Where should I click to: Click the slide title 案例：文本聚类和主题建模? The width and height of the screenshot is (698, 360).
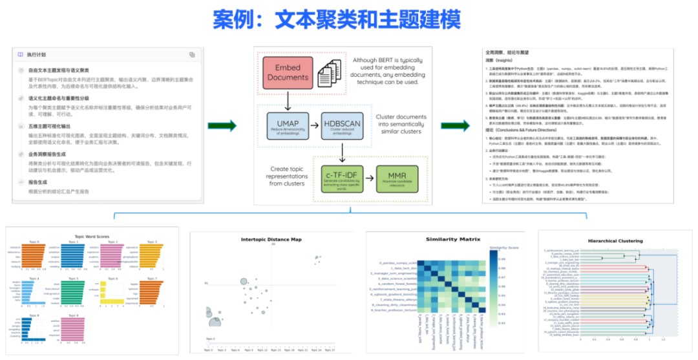(337, 20)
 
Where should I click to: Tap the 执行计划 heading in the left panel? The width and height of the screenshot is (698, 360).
(36, 55)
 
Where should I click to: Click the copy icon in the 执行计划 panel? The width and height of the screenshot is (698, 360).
(192, 55)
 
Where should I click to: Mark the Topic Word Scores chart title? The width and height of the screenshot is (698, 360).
(92, 236)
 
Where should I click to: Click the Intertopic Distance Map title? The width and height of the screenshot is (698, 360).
(271, 239)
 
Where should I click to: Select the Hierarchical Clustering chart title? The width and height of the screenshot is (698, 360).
(615, 241)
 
